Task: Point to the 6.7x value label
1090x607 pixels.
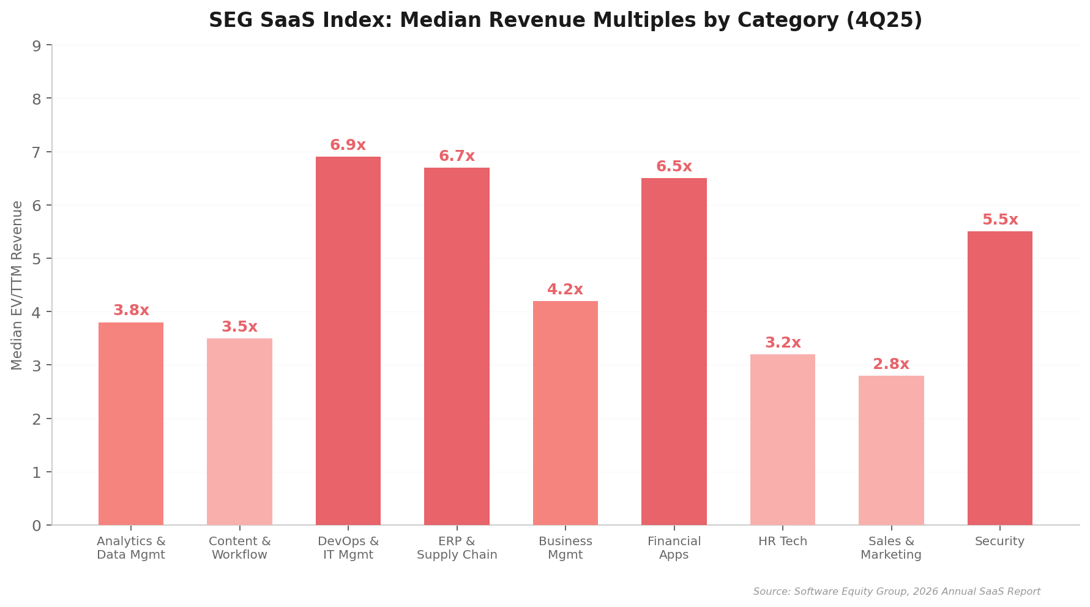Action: (457, 157)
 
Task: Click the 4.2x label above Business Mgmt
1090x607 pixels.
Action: (565, 290)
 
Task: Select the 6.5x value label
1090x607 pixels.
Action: (674, 167)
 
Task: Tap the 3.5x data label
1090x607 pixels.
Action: (239, 327)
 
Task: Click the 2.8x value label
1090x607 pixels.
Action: (891, 365)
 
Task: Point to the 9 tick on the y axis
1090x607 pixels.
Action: (37, 46)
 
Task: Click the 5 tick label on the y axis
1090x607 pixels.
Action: (37, 259)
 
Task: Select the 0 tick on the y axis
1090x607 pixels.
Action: (37, 526)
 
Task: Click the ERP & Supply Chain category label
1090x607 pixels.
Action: (457, 548)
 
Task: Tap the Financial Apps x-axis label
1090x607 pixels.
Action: (674, 548)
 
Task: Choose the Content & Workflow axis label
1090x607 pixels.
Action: (239, 548)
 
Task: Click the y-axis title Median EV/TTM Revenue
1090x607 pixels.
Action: (17, 285)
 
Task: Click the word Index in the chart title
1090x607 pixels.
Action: (361, 21)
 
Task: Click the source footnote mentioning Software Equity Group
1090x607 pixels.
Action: (897, 592)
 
